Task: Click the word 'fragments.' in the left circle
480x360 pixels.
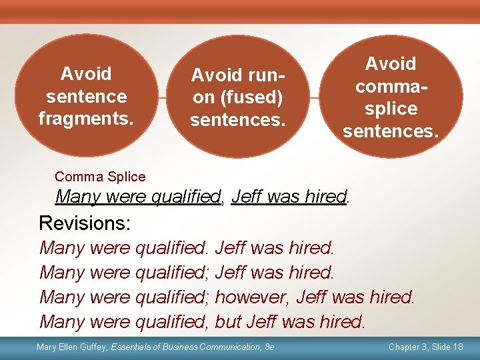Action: click(x=85, y=119)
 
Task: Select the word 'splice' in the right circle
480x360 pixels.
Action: click(x=391, y=109)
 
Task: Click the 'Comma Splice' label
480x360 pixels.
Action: click(x=100, y=177)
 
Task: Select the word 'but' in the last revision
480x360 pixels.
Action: click(x=228, y=321)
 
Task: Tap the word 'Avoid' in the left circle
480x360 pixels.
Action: click(x=86, y=73)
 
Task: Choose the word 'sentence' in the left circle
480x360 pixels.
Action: click(x=86, y=96)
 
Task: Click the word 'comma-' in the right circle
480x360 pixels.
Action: click(x=391, y=86)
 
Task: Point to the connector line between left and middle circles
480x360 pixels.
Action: click(x=159, y=97)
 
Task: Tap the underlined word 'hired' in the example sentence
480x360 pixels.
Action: click(x=325, y=197)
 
